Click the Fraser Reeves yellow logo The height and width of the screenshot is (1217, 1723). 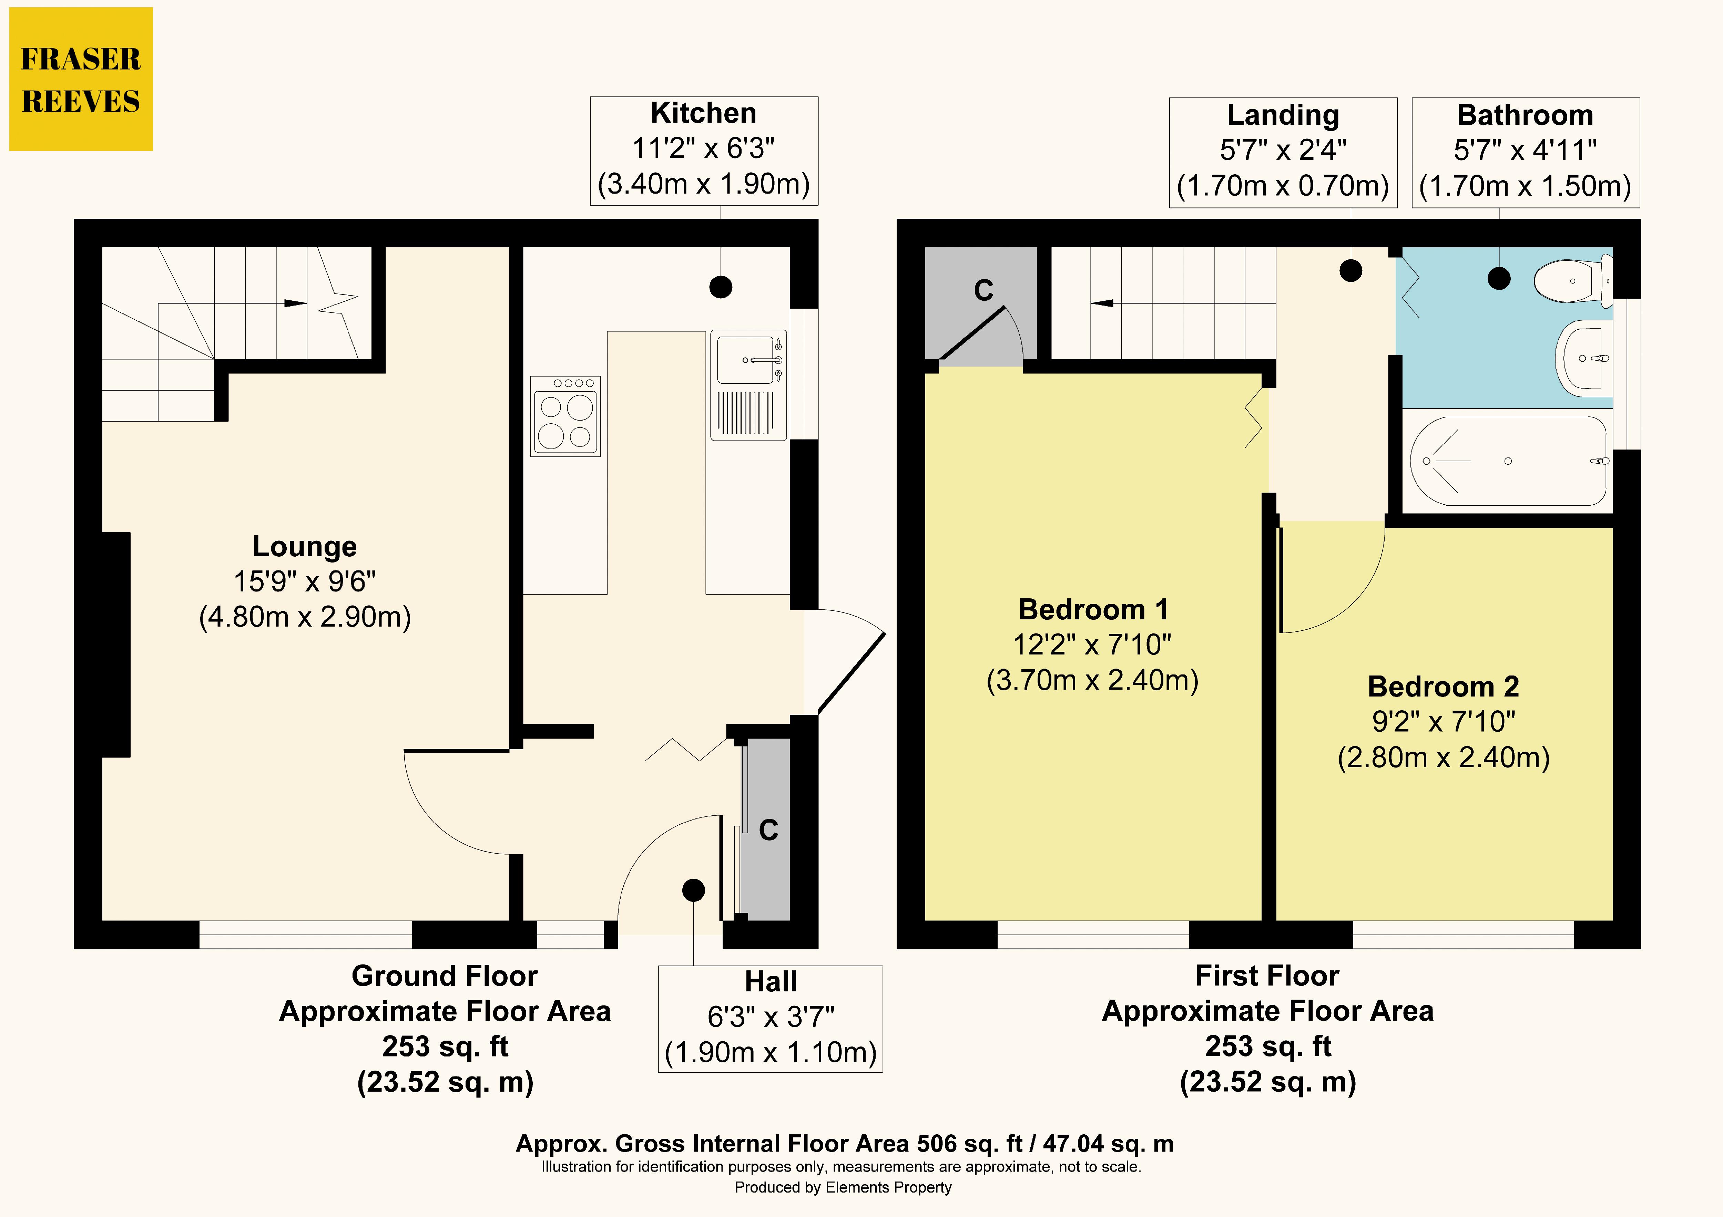point(81,79)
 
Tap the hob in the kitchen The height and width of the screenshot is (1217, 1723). point(566,416)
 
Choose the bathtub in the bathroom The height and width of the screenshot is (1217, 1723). point(1508,461)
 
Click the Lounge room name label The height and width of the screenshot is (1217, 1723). point(305,546)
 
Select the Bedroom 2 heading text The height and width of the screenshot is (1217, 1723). point(1443,687)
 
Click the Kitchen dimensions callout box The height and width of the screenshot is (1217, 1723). point(704,151)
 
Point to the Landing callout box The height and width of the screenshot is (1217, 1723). point(1283,152)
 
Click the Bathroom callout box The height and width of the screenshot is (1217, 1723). point(1526,152)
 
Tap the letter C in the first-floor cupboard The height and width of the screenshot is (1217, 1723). point(984,290)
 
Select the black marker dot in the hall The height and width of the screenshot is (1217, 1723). point(693,890)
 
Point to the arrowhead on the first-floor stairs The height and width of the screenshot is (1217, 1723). point(1102,303)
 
